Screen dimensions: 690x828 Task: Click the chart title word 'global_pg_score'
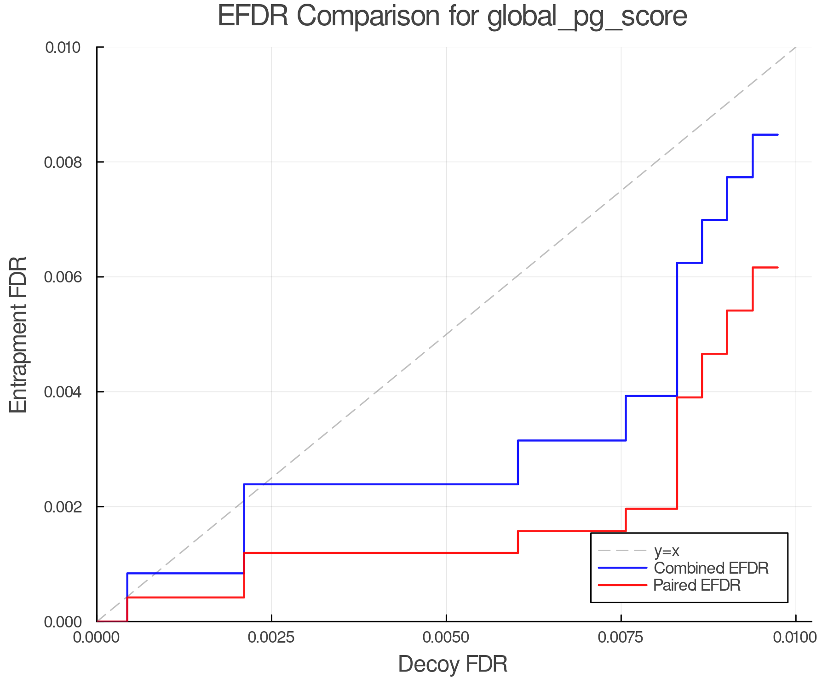[587, 17]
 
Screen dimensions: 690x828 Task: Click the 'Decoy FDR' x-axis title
[453, 664]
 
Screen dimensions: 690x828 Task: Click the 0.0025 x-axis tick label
[271, 638]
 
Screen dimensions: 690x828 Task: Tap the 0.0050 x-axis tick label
[446, 638]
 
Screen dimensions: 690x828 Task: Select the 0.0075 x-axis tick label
[621, 638]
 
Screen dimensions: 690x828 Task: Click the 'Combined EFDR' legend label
[711, 568]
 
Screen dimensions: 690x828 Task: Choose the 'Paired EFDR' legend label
[697, 585]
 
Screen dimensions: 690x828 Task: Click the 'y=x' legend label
[667, 551]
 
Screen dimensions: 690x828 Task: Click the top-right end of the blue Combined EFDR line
[777, 135]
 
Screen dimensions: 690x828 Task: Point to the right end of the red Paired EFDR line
[777, 267]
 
